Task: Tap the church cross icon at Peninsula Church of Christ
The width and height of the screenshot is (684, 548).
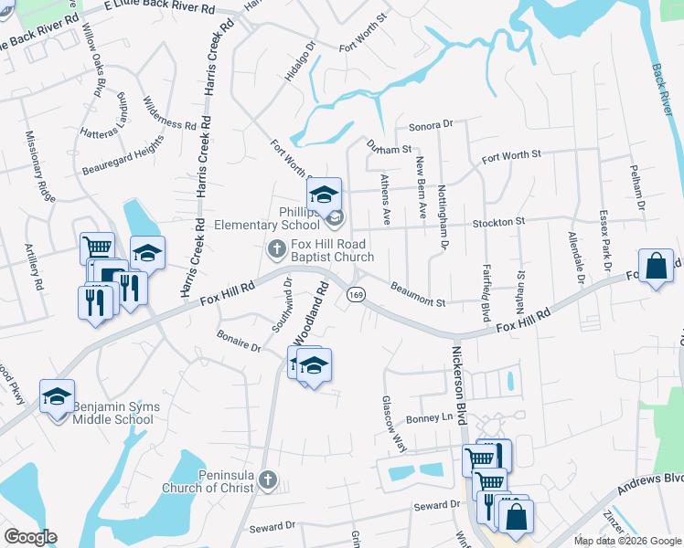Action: (267, 479)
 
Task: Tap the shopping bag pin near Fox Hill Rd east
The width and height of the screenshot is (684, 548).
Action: (657, 267)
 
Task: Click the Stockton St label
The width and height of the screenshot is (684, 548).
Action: (498, 222)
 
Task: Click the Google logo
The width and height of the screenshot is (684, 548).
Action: (30, 537)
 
